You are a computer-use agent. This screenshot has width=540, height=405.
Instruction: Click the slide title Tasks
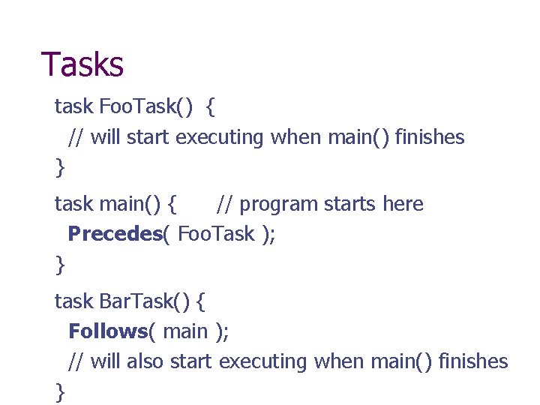click(x=82, y=64)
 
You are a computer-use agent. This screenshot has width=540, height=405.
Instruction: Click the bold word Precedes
click(x=115, y=234)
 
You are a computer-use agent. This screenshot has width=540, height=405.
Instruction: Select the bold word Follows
click(x=107, y=331)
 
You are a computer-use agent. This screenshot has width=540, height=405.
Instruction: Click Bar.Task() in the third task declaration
click(x=146, y=301)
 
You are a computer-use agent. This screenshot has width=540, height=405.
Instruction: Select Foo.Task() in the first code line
click(x=147, y=107)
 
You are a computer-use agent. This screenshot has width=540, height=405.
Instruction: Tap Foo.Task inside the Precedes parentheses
click(x=217, y=234)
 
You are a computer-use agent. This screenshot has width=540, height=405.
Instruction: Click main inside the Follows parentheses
click(x=184, y=331)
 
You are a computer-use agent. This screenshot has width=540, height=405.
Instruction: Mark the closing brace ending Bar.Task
click(x=59, y=391)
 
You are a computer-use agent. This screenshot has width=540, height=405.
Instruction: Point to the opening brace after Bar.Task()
click(x=201, y=302)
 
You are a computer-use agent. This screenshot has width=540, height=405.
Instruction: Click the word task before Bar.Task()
click(x=73, y=301)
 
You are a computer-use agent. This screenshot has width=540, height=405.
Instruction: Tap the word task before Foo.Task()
click(x=73, y=107)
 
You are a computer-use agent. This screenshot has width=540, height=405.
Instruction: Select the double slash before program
click(x=223, y=204)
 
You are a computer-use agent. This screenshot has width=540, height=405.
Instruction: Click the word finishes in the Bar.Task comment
click(x=473, y=361)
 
